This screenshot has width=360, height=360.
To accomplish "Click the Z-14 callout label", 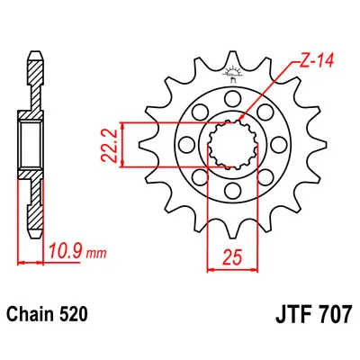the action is coord(315,61).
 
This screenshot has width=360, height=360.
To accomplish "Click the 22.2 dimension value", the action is coord(108,144).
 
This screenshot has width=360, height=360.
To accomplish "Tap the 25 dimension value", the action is coord(232,257).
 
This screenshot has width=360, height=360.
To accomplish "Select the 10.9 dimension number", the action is coord(66,252).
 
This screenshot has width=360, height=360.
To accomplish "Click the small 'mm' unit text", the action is coord(96,254).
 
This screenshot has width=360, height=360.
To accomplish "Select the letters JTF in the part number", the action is coord(294,314).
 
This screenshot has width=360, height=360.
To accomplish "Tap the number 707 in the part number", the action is coord(334,314).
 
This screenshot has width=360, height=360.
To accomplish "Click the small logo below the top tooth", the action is coord(232,75).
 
